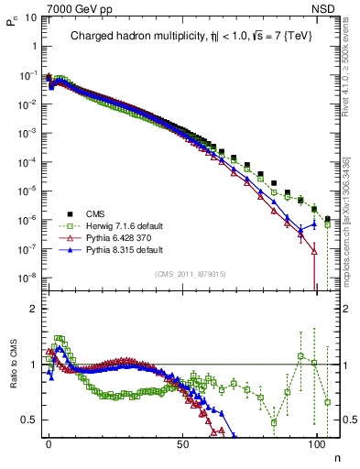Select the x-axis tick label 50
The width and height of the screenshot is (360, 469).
(x=182, y=444)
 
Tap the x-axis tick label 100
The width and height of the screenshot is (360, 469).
(x=316, y=444)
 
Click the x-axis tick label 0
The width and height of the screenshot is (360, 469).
(x=49, y=444)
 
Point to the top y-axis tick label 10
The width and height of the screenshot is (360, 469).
(x=29, y=17)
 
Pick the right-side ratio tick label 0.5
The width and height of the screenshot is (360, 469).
(x=346, y=420)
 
